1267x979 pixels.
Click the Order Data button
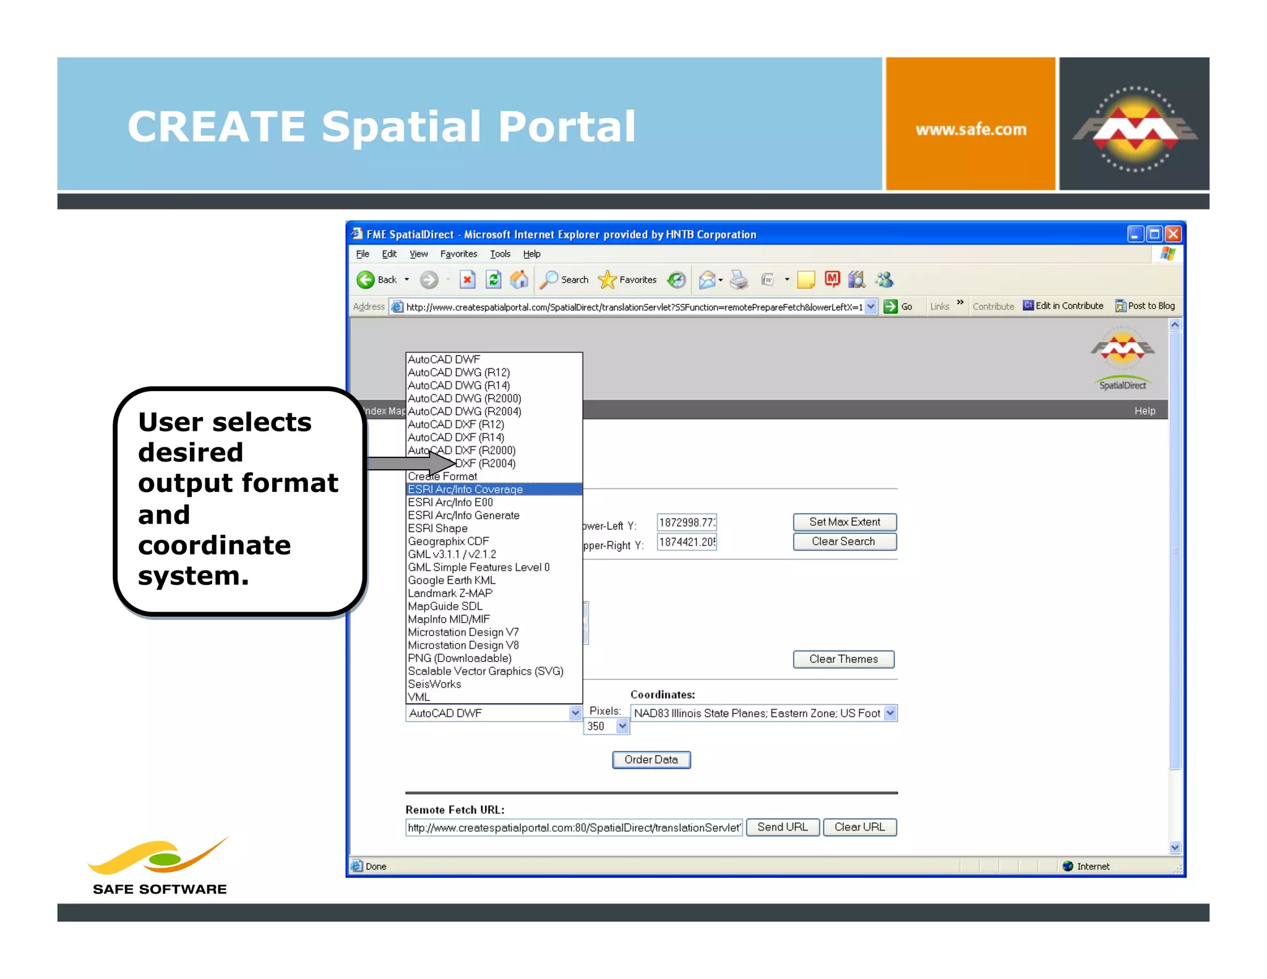651,759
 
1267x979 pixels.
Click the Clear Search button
844,541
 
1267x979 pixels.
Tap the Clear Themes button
843,659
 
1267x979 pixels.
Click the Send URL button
783,827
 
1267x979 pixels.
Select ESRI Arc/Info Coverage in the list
465,489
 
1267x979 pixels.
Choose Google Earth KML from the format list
452,580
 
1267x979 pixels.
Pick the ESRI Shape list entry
437,528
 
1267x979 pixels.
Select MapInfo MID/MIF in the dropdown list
449,619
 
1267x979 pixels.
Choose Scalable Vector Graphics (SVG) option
485,671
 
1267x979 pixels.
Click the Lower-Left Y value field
687,522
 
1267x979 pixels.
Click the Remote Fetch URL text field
573,827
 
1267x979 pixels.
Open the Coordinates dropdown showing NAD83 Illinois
763,713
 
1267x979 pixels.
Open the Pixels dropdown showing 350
606,726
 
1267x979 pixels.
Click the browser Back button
377,280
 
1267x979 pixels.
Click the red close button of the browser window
1173,234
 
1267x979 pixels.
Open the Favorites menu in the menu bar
458,254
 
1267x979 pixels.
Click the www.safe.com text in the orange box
971,129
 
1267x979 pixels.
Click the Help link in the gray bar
1145,411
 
